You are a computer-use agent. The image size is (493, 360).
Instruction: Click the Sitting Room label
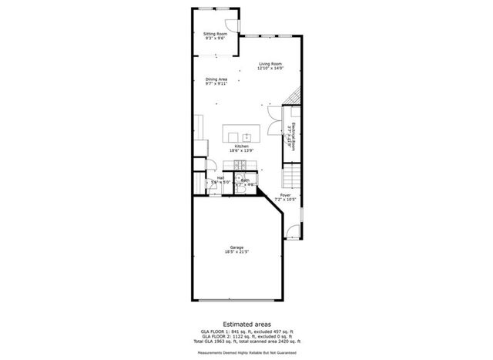tap(215, 35)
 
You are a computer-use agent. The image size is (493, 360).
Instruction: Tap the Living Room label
tap(270, 66)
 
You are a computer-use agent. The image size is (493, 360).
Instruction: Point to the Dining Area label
tap(216, 80)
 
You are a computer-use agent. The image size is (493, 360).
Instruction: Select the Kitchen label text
tap(241, 148)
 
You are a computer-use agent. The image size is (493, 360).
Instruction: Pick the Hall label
tap(220, 180)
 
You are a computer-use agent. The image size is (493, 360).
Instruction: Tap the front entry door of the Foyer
tap(292, 230)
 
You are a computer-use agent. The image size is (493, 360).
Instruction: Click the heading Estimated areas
tap(246, 325)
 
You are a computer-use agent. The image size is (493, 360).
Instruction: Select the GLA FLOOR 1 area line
tap(246, 333)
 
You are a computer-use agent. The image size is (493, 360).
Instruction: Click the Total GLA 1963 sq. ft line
tap(246, 341)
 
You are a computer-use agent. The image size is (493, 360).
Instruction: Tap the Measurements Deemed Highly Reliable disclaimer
tap(246, 354)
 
